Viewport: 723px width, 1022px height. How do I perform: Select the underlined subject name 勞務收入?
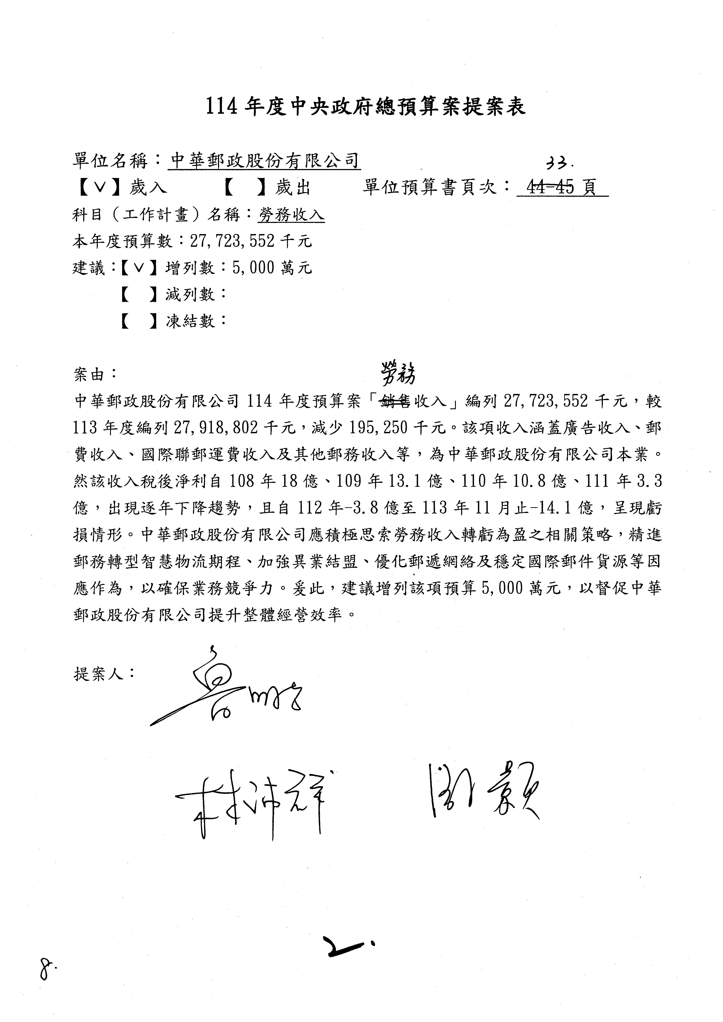pyautogui.click(x=292, y=216)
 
